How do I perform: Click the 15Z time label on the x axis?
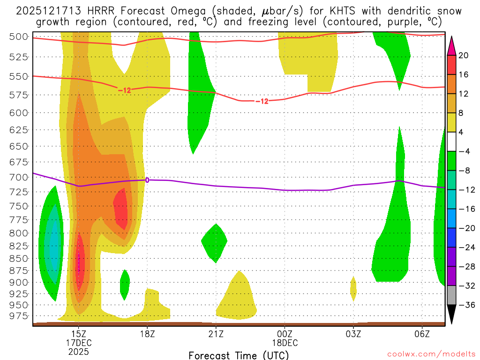point(78,333)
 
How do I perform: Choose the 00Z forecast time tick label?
point(285,333)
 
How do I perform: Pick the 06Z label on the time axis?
point(422,333)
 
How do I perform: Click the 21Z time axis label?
point(216,333)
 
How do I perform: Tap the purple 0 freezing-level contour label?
point(147,180)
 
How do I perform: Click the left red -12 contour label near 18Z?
point(125,90)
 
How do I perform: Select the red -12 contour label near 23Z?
point(262,101)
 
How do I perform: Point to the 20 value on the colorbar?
point(464,55)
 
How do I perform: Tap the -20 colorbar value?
point(465,228)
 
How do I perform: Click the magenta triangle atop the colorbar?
point(452,45)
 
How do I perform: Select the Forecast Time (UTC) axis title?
point(239,355)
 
